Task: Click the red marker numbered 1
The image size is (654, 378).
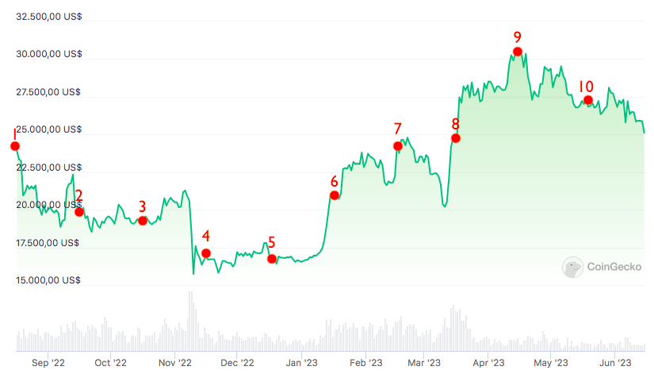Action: click(x=15, y=145)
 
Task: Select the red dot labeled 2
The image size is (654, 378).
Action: click(x=79, y=211)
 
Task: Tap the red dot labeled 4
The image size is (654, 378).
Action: click(x=207, y=253)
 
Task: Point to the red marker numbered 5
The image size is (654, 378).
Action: click(x=272, y=259)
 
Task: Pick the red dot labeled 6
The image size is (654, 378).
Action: click(x=335, y=195)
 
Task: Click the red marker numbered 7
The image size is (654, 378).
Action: click(x=398, y=145)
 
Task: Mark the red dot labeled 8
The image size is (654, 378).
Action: click(x=456, y=138)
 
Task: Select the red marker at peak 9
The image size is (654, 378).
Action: click(x=518, y=52)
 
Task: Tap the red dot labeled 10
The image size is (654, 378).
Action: click(x=587, y=100)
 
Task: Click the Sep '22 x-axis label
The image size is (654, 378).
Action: click(x=48, y=363)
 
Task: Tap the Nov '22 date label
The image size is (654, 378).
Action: click(x=175, y=363)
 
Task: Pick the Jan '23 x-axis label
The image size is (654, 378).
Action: click(x=302, y=363)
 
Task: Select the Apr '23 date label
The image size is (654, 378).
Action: click(x=489, y=363)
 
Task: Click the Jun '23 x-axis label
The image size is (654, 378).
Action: click(x=614, y=363)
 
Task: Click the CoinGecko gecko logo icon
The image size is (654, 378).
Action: click(x=572, y=268)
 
